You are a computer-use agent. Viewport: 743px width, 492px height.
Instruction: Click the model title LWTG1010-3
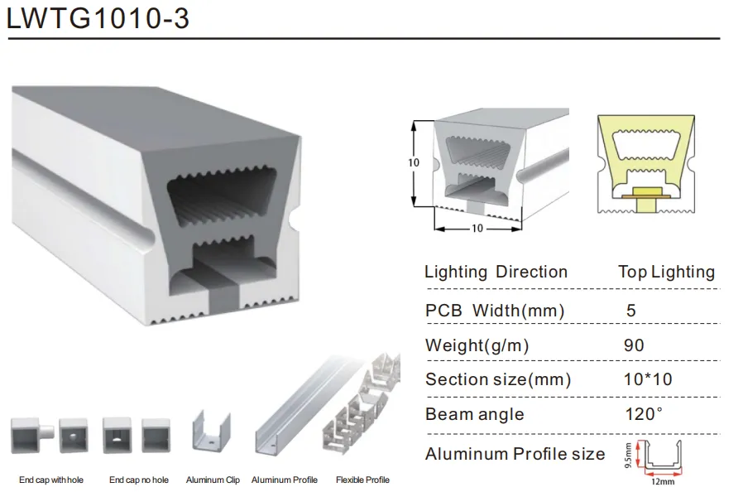[x=98, y=18]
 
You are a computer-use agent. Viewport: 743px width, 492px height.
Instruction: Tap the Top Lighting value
[x=666, y=272]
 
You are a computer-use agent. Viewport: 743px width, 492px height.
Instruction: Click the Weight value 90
[x=634, y=345]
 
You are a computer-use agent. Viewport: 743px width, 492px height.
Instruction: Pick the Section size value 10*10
[x=647, y=379]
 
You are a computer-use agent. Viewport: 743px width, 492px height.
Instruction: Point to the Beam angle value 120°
[x=644, y=414]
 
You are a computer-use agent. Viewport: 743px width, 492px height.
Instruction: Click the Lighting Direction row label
[x=496, y=272]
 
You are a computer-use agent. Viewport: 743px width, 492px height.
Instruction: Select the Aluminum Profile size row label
[x=515, y=454]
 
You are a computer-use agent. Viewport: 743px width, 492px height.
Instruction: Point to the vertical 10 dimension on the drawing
[x=414, y=163]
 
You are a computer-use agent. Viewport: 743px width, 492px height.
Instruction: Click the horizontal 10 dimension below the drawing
[x=477, y=228]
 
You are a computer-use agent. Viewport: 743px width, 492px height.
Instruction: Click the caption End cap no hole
[x=138, y=480]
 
